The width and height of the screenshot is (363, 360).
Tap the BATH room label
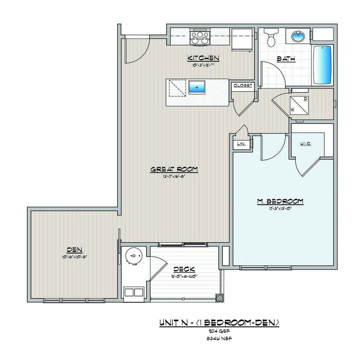coord(286,59)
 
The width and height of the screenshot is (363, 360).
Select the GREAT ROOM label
coord(174,169)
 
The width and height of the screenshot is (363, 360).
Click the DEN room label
coord(74,250)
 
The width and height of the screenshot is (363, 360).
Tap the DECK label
coord(184,269)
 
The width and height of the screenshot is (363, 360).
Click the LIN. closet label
coord(241,144)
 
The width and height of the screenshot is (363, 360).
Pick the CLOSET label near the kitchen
coord(243,86)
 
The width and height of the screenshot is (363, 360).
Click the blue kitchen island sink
coord(197,87)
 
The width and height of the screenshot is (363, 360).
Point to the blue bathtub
coord(323,65)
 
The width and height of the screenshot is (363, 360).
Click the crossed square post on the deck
coord(219,298)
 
